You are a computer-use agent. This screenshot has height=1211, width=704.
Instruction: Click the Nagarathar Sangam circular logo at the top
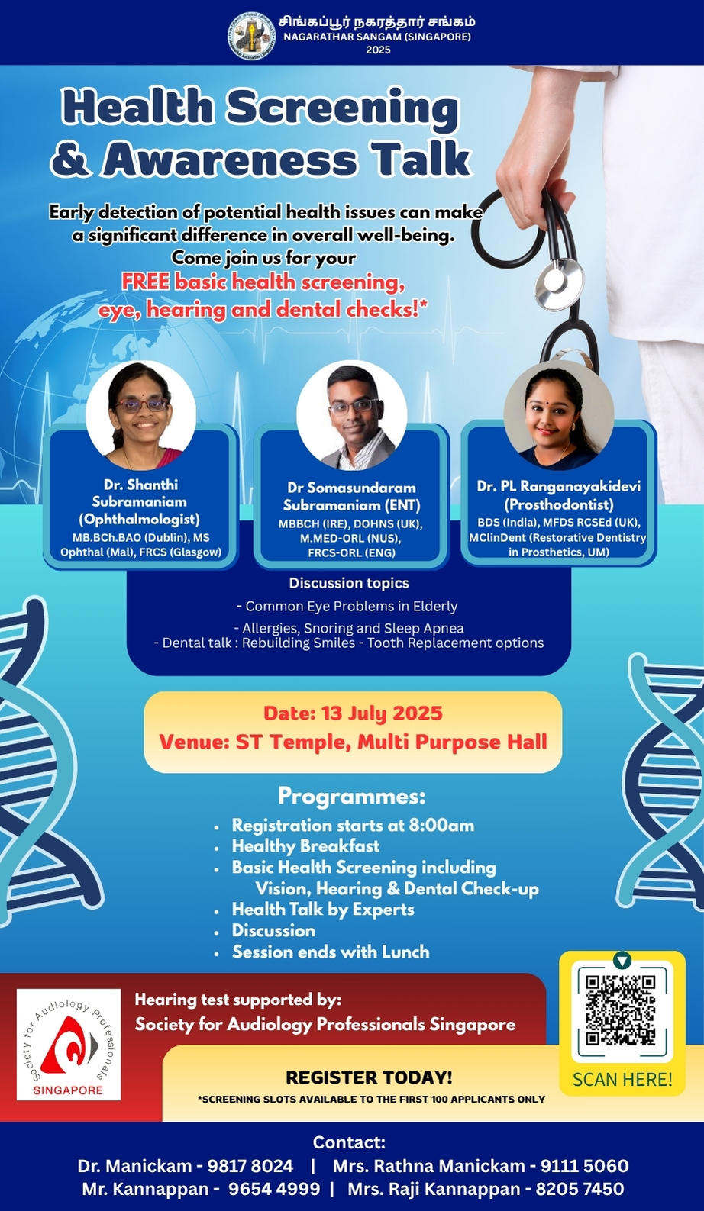coord(251,36)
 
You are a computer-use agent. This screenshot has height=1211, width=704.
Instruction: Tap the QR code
coord(622,1010)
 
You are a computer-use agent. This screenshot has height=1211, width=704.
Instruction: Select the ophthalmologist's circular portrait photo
coord(140,415)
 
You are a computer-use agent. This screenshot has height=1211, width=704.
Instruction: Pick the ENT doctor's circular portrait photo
coord(352,415)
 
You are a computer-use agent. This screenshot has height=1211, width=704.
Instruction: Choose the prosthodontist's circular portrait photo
coord(559,415)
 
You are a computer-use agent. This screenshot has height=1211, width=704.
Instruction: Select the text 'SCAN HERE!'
coord(622,1080)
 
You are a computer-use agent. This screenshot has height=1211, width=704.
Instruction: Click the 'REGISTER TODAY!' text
coord(369,1077)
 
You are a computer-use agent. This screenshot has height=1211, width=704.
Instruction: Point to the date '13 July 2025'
coord(382,713)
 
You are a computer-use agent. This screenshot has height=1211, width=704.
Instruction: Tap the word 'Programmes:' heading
coord(352,797)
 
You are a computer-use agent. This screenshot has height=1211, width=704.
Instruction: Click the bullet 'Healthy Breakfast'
coord(305,846)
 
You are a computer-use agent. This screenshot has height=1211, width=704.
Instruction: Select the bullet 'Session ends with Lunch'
coord(331,952)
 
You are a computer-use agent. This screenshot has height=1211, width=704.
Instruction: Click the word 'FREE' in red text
coord(146,282)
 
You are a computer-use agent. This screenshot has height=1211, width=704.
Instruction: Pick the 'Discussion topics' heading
coord(349,583)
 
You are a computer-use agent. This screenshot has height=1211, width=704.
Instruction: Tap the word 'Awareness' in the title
coord(230,159)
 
